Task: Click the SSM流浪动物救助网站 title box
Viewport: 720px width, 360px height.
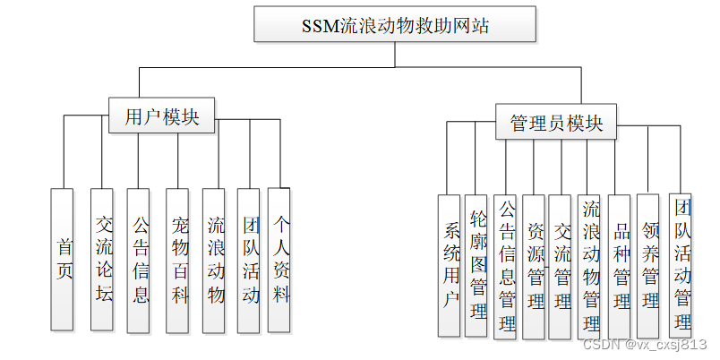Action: tap(396, 24)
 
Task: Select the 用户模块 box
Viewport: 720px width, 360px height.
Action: tap(162, 116)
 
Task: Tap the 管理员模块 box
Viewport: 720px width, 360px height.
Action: tap(556, 122)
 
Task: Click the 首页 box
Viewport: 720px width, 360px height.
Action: tap(62, 259)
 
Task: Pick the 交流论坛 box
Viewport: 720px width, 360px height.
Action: tap(102, 259)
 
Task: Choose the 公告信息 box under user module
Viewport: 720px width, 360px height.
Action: tap(139, 259)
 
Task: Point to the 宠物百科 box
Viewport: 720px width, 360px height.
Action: tap(177, 259)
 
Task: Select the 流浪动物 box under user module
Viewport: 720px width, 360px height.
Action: tap(214, 259)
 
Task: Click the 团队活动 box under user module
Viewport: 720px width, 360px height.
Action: tap(249, 259)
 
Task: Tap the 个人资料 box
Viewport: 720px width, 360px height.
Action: tap(279, 259)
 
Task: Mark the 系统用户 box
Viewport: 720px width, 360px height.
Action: tap(450, 265)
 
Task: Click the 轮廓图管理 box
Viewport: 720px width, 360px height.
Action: tap(476, 265)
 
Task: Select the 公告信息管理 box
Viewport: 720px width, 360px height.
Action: tap(505, 266)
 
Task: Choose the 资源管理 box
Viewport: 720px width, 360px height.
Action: tap(534, 266)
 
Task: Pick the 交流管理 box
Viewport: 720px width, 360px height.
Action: tap(561, 266)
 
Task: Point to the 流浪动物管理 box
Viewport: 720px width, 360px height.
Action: tap(589, 266)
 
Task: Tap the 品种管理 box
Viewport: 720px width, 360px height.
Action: tap(620, 266)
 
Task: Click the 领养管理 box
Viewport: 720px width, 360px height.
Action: tap(648, 266)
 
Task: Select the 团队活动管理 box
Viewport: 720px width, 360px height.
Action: tap(681, 266)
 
